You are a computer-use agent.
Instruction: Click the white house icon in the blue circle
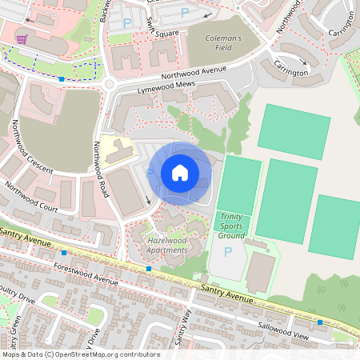180,173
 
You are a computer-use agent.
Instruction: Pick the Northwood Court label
31,197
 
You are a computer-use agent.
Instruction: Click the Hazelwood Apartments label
167,245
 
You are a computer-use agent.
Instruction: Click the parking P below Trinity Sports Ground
228,252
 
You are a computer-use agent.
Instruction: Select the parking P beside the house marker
150,172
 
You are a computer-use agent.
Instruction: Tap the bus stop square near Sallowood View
320,322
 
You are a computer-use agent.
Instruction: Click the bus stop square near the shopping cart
62,78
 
